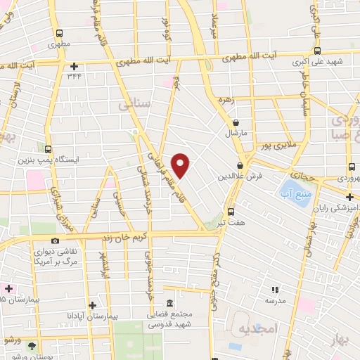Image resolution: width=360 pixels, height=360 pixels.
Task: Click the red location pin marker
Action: (x=181, y=165)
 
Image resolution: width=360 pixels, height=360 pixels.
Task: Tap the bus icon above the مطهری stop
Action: (x=59, y=33)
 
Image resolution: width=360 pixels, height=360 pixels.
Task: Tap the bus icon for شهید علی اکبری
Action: (x=316, y=51)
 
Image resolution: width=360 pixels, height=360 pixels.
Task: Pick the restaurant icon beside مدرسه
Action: (x=276, y=288)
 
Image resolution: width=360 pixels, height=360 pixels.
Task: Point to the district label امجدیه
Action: (x=259, y=329)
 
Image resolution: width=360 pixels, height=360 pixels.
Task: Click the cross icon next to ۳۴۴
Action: (x=73, y=66)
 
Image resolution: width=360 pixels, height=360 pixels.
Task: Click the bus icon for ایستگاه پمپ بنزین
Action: (x=48, y=149)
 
